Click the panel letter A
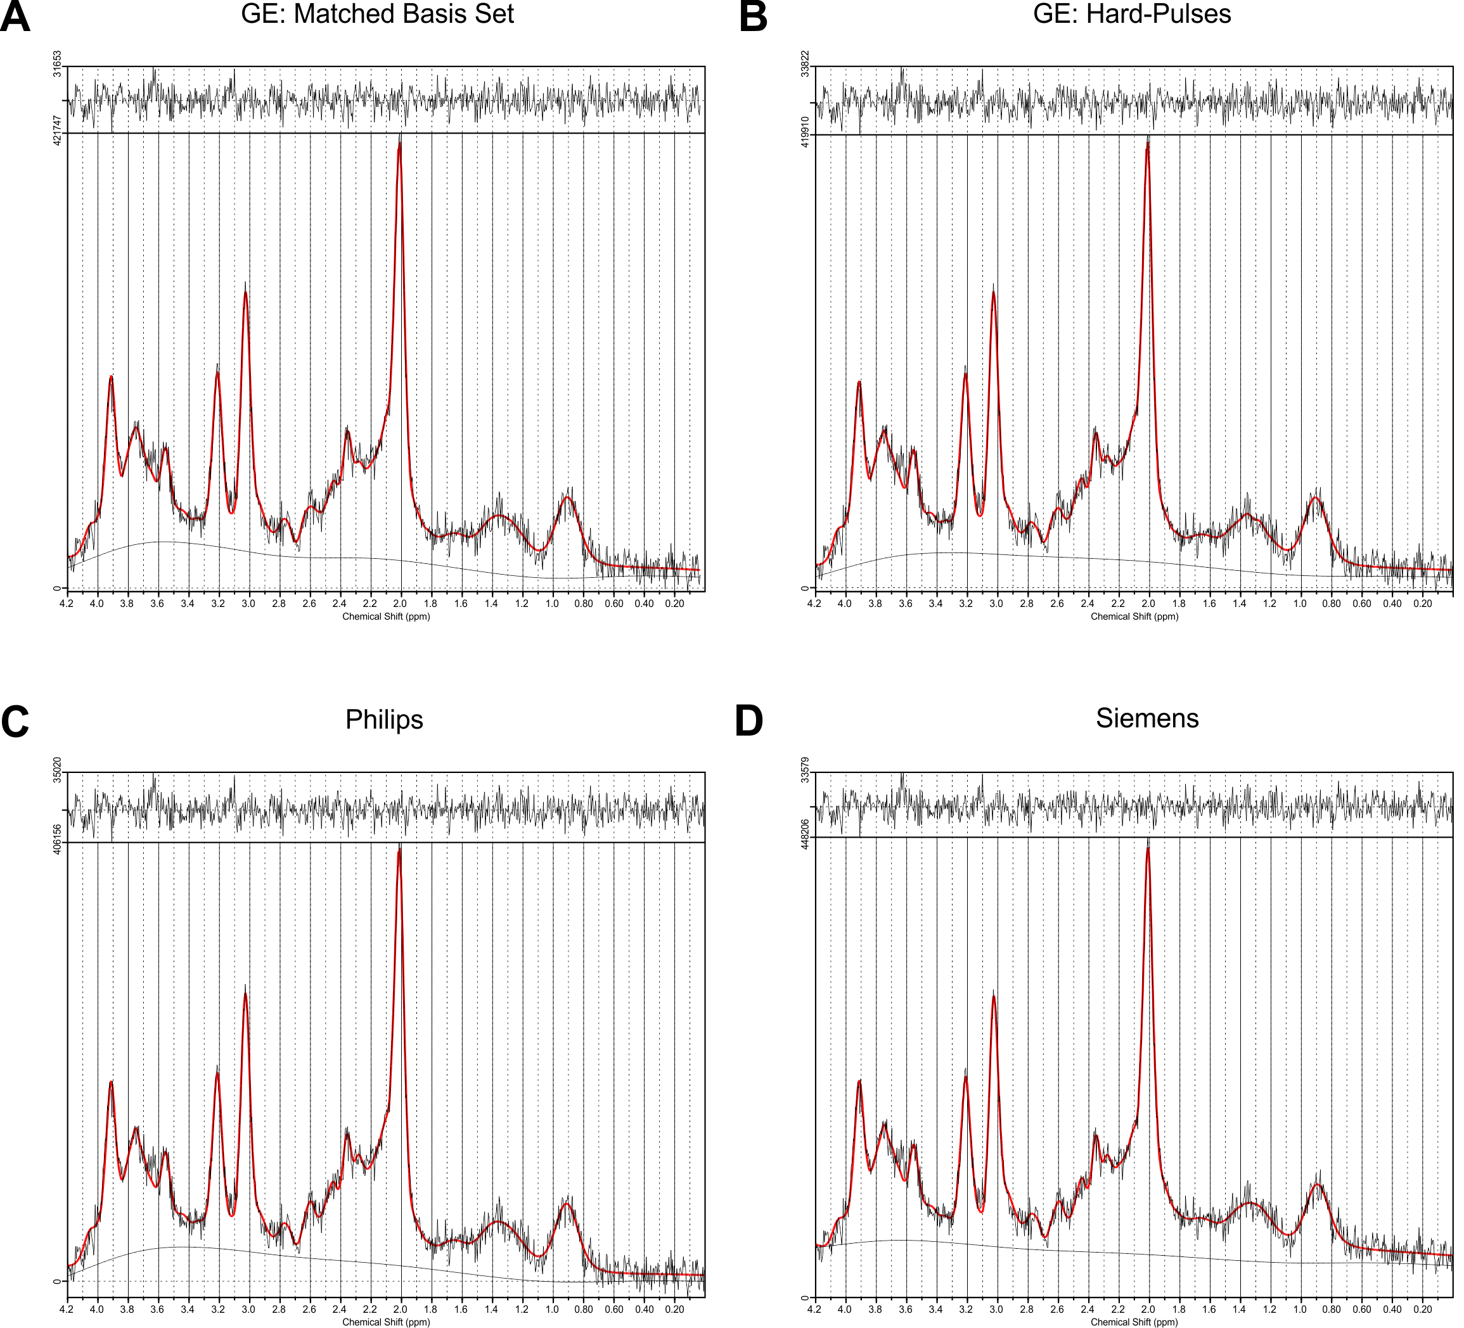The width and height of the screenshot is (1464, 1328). point(15,18)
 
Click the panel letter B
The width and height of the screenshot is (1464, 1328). point(753,18)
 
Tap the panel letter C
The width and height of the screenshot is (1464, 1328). point(15,722)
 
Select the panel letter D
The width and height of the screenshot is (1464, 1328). point(748,722)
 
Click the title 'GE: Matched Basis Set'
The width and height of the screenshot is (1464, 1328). point(377,15)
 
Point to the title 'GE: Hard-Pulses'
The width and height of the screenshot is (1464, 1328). point(1131,15)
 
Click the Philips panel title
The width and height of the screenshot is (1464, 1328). point(383,720)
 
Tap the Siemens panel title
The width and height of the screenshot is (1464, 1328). point(1146,718)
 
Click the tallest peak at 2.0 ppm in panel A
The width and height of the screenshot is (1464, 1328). point(399,144)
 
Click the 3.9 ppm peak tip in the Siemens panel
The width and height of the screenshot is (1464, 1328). point(859,1081)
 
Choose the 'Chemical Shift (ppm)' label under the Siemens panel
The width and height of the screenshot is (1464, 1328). point(1134,1322)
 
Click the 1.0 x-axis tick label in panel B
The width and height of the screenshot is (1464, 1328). point(1300,603)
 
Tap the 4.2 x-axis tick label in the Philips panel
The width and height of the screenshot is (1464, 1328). point(67,1309)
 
